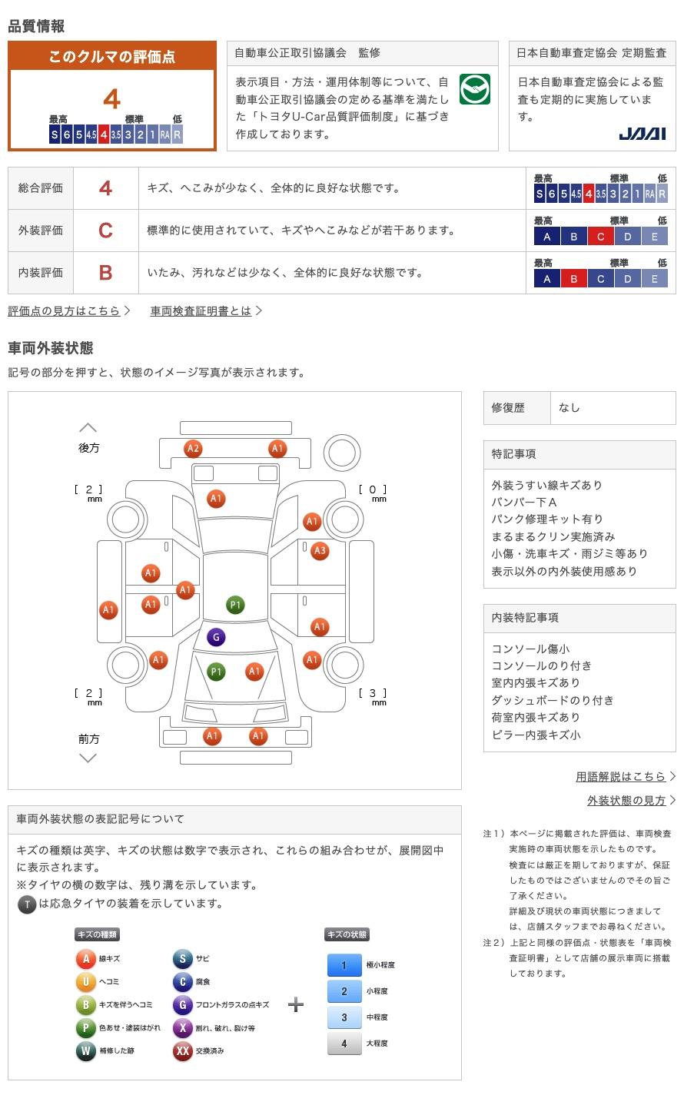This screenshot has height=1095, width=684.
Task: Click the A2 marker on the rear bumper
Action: point(193,449)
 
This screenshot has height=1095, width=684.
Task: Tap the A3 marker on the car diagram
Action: point(320,550)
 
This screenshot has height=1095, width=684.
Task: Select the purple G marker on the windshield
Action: point(216,637)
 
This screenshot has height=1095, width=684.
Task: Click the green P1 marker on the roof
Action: point(235,605)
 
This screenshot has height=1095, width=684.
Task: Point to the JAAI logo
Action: point(642,134)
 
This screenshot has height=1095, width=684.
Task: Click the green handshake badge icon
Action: point(474,89)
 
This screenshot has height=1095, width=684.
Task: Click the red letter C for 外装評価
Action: point(105,231)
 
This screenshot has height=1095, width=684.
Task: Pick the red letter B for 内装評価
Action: point(105,273)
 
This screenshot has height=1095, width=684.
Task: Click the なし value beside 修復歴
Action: point(569,408)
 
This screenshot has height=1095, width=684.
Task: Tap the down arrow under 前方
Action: point(88,758)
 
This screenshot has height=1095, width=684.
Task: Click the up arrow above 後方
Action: point(88,428)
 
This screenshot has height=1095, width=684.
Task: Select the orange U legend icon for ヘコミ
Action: point(85,981)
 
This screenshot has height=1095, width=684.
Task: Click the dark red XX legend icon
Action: point(182,1050)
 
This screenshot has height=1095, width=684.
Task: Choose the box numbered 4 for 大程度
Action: point(344,1043)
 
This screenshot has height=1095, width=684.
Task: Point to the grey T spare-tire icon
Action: point(27,904)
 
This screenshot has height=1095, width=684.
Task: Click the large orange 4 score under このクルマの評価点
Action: point(112,99)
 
